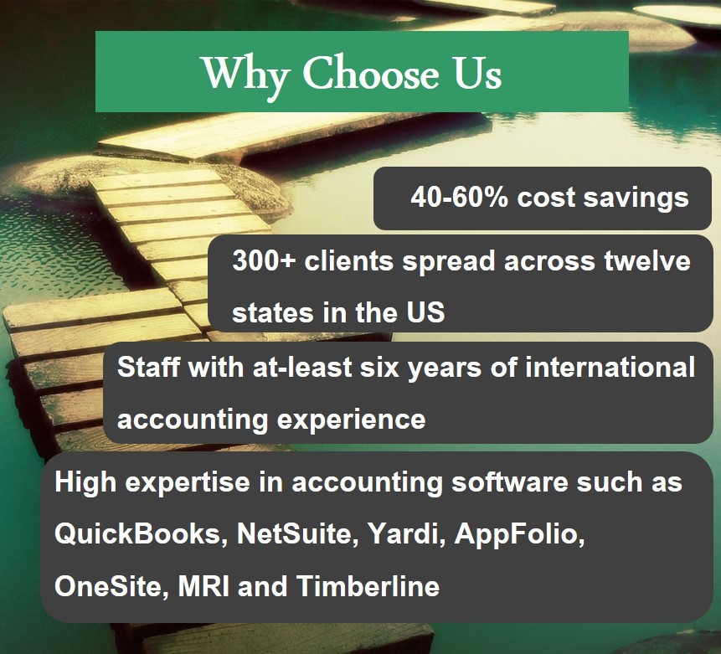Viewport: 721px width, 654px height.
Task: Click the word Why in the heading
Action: click(247, 74)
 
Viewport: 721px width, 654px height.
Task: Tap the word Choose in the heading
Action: click(369, 74)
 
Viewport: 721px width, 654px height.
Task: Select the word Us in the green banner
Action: click(478, 74)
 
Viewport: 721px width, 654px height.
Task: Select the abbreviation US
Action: click(426, 312)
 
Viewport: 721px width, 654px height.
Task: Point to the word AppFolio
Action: click(519, 534)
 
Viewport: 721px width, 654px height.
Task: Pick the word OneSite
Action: click(111, 585)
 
